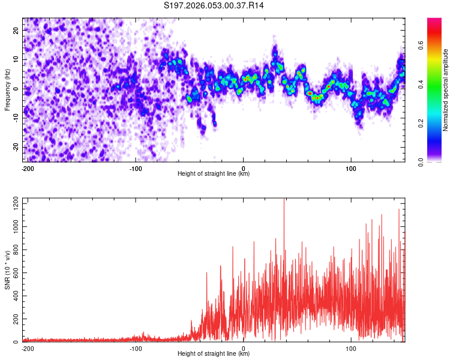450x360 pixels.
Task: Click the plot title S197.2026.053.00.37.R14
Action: pos(214,6)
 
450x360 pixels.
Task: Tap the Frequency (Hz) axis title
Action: pos(7,89)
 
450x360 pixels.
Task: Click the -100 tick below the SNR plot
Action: pos(135,349)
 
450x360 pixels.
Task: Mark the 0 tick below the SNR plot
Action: pos(243,349)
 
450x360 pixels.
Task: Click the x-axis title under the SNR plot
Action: pos(214,355)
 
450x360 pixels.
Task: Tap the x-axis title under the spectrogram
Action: pos(214,175)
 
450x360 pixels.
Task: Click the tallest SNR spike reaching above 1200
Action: pos(284,201)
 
